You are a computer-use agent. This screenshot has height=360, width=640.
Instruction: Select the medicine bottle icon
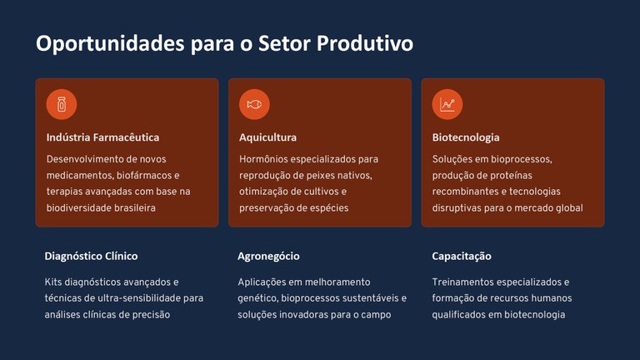(x=61, y=104)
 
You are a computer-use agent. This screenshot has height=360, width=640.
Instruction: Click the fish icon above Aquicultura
(x=254, y=104)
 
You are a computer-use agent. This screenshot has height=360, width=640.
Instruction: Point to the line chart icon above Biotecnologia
(x=447, y=104)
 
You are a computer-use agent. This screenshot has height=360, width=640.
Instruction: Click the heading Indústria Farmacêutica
(x=102, y=137)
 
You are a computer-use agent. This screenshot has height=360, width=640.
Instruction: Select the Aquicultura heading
(x=267, y=137)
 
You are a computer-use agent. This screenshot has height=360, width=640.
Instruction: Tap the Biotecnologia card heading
(x=466, y=137)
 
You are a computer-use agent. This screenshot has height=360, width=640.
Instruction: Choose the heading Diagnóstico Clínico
(x=91, y=256)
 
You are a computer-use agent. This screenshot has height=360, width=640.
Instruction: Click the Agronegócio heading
(x=268, y=256)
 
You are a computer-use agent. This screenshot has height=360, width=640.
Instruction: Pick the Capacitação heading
(x=462, y=256)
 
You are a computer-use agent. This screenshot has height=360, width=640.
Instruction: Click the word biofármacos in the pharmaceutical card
(x=141, y=175)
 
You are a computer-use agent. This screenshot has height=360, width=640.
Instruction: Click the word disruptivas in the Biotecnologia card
(x=459, y=208)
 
